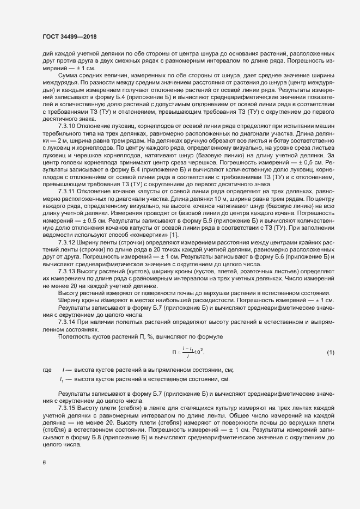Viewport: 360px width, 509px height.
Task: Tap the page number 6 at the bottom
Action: [44, 463]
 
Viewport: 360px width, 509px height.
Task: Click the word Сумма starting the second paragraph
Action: [70, 75]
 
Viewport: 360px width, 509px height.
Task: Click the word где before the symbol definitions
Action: [47, 370]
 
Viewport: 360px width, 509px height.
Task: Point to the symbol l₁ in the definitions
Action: [62, 379]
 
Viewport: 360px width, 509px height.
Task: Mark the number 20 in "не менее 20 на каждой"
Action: [79, 285]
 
